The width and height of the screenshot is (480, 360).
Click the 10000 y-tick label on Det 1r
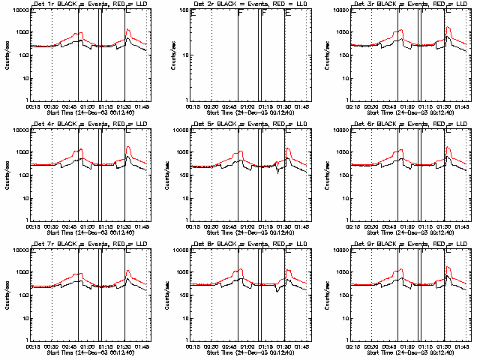pyautogui.click(x=17, y=10)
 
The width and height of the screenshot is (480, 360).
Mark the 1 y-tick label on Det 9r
pyautogui.click(x=347, y=339)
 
